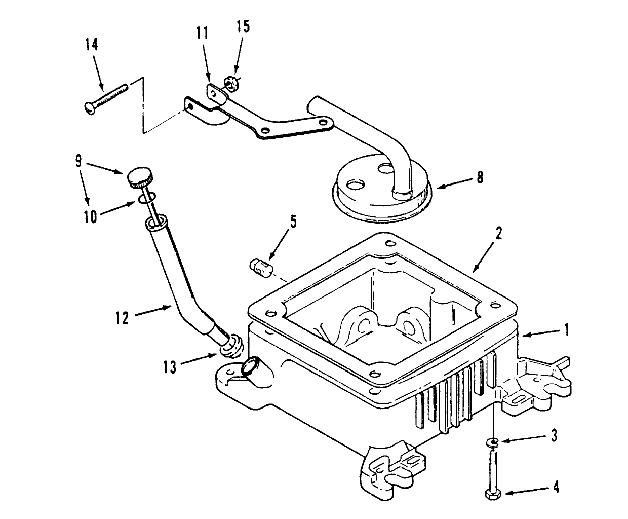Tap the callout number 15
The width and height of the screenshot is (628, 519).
243,26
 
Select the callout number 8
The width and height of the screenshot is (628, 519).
479,177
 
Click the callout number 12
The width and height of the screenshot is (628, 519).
122,318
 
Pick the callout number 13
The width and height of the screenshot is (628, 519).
170,366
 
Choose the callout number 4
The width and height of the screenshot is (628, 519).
556,488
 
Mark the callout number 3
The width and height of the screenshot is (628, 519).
554,436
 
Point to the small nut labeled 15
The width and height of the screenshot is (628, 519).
229,83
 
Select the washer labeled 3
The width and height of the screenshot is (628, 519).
491,443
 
